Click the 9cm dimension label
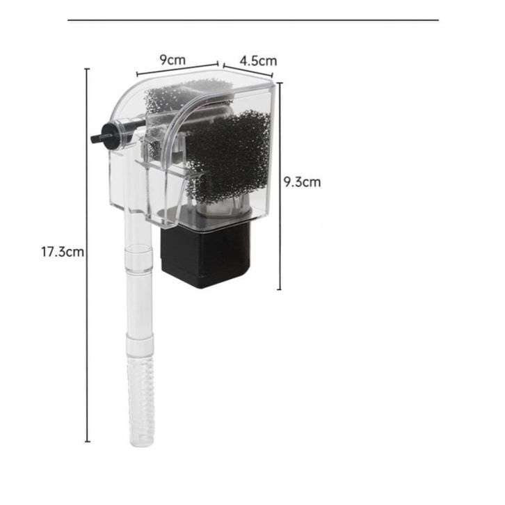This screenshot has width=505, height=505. click(173, 60)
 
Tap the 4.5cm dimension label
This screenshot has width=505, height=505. click(258, 61)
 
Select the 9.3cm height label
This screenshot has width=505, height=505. click(302, 182)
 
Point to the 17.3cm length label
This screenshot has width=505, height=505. click(63, 252)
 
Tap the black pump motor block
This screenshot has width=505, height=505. click(205, 254)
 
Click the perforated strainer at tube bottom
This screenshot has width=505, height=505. click(141, 402)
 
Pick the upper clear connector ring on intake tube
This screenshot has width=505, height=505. click(138, 258)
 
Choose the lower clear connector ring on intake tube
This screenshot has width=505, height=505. click(139, 344)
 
